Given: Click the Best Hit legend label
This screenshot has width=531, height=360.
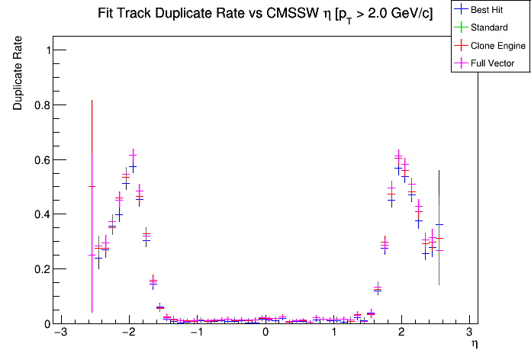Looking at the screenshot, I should (x=488, y=10).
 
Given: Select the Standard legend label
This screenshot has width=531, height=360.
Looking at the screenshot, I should (x=488, y=27).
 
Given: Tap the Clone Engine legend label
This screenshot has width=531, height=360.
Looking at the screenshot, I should (x=498, y=46).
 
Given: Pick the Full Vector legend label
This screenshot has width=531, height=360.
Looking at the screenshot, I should (x=493, y=63).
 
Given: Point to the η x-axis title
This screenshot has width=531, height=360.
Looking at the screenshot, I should (x=474, y=345).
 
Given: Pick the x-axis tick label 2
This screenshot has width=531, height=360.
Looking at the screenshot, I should (x=401, y=333).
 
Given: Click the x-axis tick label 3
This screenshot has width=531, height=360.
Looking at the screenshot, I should (x=469, y=333).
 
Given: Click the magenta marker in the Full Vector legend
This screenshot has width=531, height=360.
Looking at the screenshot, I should (x=461, y=63).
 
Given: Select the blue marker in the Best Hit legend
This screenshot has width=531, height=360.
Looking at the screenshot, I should (x=461, y=10).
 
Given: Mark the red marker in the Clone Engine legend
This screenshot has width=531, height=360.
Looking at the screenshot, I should (x=461, y=46).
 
